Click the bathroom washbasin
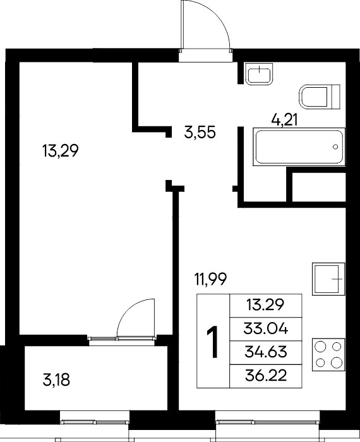[x=259, y=74]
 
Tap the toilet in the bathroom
[x=320, y=97]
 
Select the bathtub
[x=299, y=146]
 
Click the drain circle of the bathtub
[x=335, y=146]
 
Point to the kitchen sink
[x=328, y=279]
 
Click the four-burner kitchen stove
[x=328, y=355]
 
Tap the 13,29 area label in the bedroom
[x=60, y=151]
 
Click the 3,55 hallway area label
[x=200, y=132]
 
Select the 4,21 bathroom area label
[x=284, y=121]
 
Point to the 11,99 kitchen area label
[x=210, y=279]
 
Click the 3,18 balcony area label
[x=56, y=379]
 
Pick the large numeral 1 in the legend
[x=213, y=342]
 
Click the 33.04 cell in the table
[x=265, y=329]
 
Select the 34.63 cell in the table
[x=265, y=352]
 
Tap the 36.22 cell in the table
[x=266, y=376]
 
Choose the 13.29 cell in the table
[x=265, y=305]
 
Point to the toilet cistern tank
[x=336, y=97]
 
